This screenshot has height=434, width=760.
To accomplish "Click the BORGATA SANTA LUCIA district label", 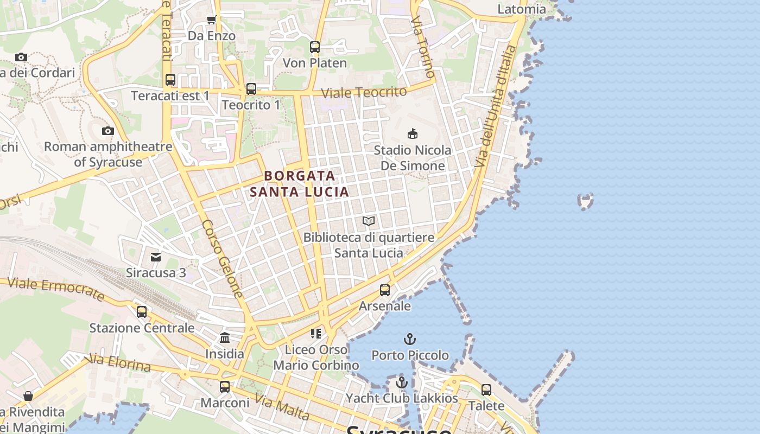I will pyautogui.click(x=299, y=184).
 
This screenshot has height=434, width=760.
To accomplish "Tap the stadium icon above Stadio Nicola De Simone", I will pyautogui.click(x=413, y=133).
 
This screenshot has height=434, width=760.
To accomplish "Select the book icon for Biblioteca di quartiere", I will pyautogui.click(x=369, y=221).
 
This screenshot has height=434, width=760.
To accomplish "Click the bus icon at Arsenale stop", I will pyautogui.click(x=385, y=290).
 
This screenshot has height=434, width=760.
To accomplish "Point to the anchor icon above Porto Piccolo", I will pyautogui.click(x=410, y=340).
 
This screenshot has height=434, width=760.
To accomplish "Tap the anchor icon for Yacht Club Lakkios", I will pyautogui.click(x=402, y=382).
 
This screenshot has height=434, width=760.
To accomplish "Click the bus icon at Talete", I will pyautogui.click(x=486, y=390).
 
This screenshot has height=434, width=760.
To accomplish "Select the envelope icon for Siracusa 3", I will pyautogui.click(x=156, y=257).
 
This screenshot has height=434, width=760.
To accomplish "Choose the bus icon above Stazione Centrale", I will pyautogui.click(x=142, y=312).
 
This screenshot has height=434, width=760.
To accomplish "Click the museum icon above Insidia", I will pyautogui.click(x=225, y=338).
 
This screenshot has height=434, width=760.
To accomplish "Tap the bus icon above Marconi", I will pyautogui.click(x=225, y=387).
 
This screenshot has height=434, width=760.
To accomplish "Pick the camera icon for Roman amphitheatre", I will pyautogui.click(x=108, y=131).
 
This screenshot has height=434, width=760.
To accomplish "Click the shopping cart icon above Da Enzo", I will pyautogui.click(x=211, y=20).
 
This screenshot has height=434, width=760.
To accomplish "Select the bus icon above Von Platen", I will pyautogui.click(x=315, y=47).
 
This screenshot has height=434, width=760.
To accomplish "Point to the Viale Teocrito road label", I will pyautogui.click(x=364, y=92).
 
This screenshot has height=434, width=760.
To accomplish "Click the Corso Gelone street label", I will pyautogui.click(x=222, y=259).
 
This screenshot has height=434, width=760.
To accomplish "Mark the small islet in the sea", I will pyautogui.click(x=586, y=201).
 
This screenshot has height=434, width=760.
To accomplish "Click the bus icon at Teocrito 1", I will pyautogui.click(x=251, y=89).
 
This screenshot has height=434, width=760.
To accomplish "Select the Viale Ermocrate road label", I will pyautogui.click(x=56, y=289).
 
